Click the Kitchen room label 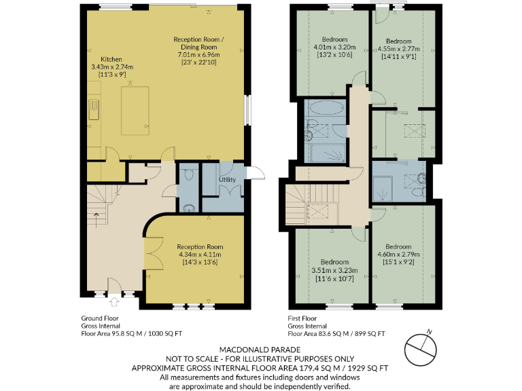click(111, 59)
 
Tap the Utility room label click(226, 181)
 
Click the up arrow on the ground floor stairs click(97, 217)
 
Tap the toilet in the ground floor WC click(190, 175)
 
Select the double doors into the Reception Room click(154, 255)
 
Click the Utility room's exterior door click(251, 173)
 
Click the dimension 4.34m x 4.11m click(200, 255)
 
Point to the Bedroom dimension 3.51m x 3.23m click(335, 269)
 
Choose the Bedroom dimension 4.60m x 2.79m click(398, 254)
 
